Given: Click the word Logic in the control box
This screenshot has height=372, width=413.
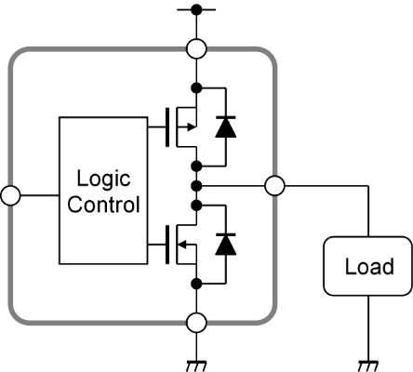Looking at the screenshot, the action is coord(103,179).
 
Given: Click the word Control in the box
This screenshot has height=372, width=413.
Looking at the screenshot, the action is coord(103,205).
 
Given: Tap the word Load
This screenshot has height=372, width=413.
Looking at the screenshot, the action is coord(369,266).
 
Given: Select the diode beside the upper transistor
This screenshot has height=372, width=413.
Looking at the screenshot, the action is coord(226,126).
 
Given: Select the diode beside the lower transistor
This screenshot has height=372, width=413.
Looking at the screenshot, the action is coord(226,244).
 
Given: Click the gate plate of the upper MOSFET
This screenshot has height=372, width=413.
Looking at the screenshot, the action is coord(167,127).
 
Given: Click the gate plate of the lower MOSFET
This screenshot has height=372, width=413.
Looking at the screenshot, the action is coord(167,245).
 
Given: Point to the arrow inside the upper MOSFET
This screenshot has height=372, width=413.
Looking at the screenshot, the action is coord(192,127).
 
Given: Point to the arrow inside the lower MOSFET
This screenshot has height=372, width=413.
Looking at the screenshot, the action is coord(181,245).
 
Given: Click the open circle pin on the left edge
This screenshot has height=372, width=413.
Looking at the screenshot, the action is coord(10,195).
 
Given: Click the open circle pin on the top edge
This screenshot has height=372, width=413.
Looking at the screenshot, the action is coord(196,48).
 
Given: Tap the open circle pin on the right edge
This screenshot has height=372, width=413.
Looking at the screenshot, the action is coord(274,186).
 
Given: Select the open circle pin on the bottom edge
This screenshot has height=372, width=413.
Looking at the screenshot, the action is coord(196,323).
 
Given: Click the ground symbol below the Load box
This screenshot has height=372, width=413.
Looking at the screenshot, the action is coord(368,365).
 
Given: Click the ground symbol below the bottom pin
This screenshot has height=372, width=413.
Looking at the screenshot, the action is coord(196,365).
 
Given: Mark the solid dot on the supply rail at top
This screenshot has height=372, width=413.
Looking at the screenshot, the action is coord(196,9).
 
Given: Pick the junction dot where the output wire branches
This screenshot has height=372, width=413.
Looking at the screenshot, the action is coord(196,186).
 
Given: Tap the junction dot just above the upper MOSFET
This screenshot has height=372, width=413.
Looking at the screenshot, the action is coord(196,88).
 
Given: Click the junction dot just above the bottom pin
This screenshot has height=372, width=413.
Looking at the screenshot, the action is coord(196,284).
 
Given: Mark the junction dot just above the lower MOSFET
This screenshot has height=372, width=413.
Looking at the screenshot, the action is coord(196,206).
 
